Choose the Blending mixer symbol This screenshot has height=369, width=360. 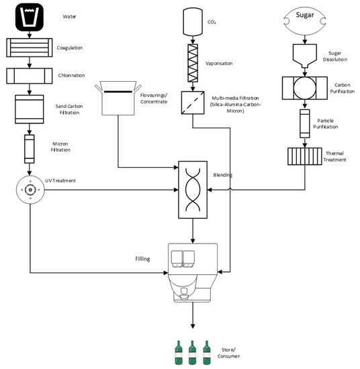[193, 189]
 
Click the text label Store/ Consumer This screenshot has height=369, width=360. [230, 353]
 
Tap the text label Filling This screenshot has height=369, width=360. [142, 258]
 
